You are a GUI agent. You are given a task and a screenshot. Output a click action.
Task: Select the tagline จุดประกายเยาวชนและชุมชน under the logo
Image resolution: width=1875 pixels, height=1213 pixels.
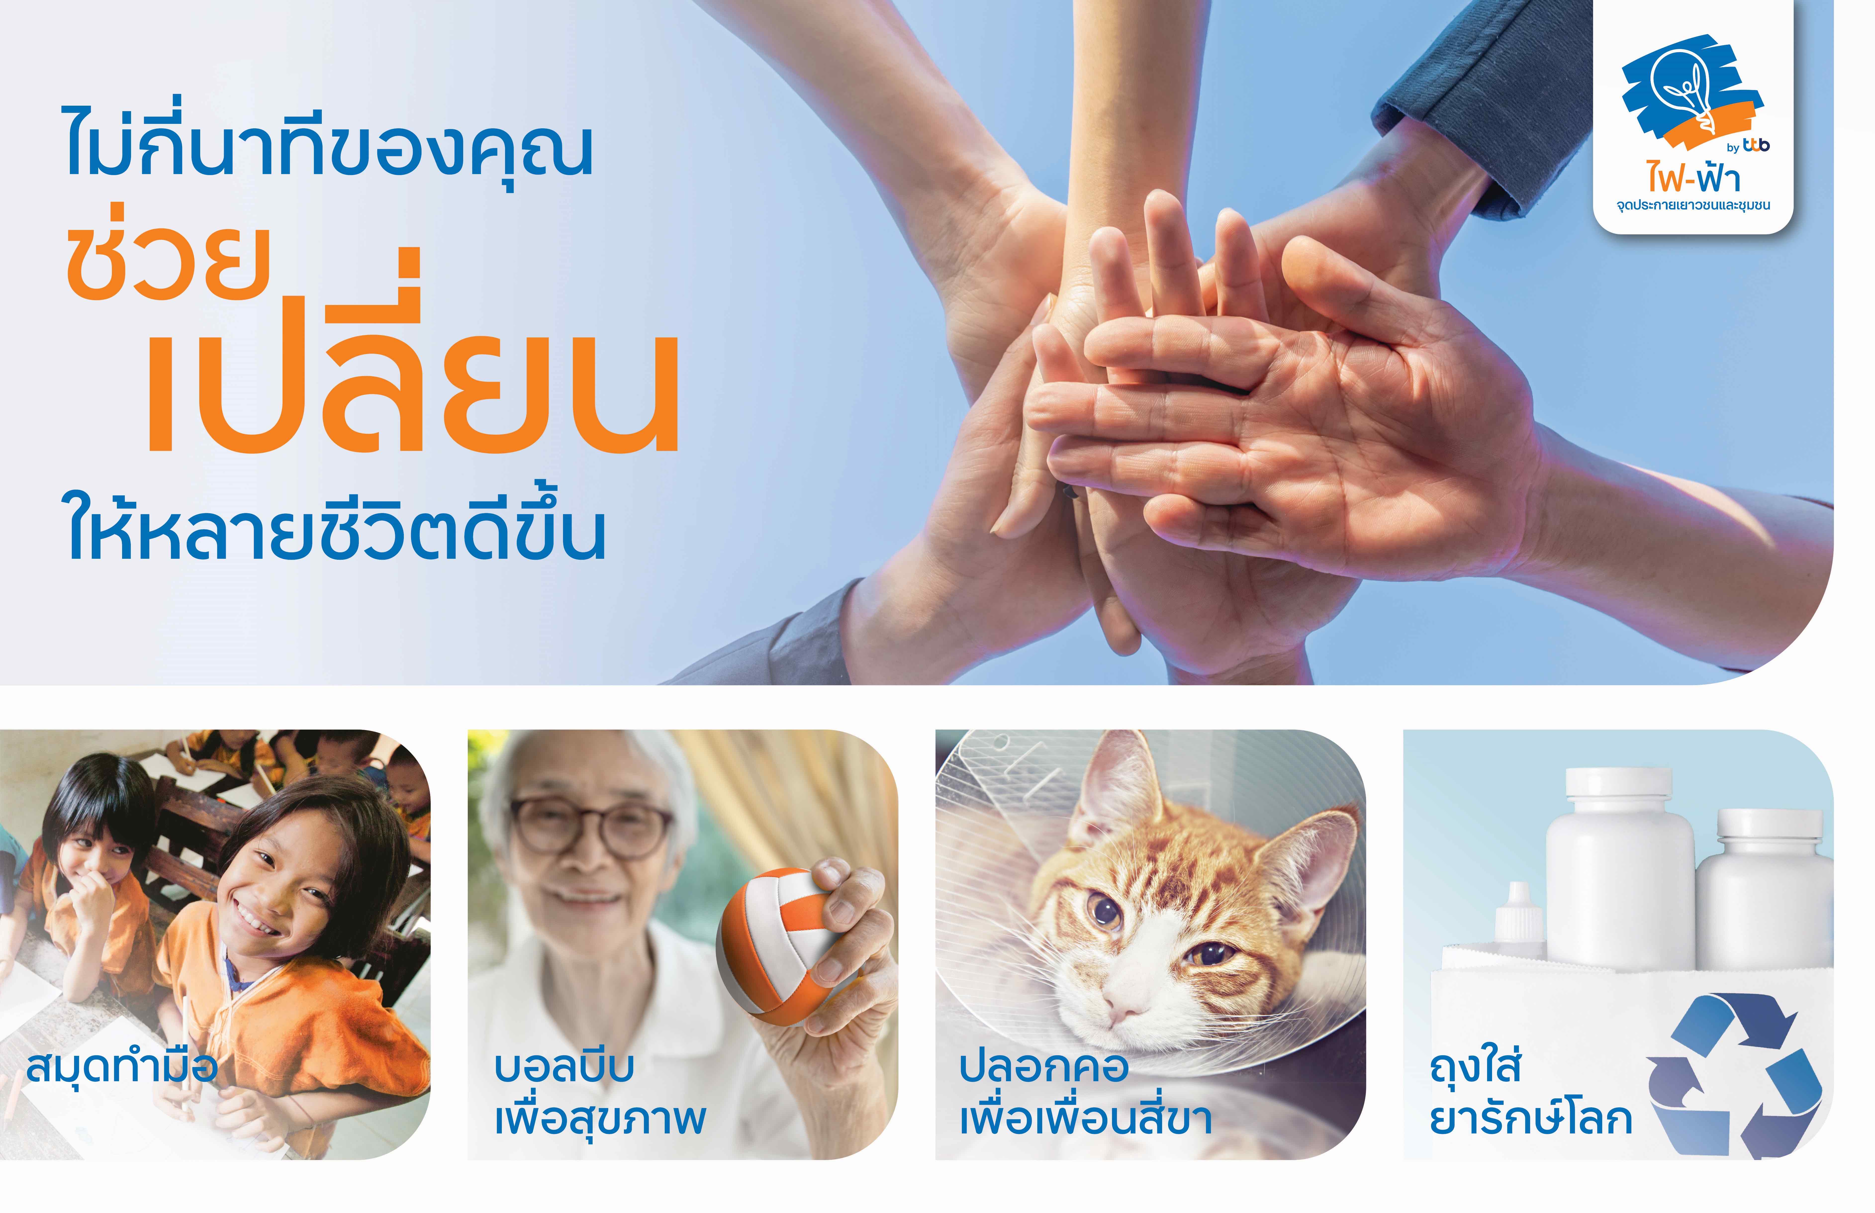(x=1693, y=206)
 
